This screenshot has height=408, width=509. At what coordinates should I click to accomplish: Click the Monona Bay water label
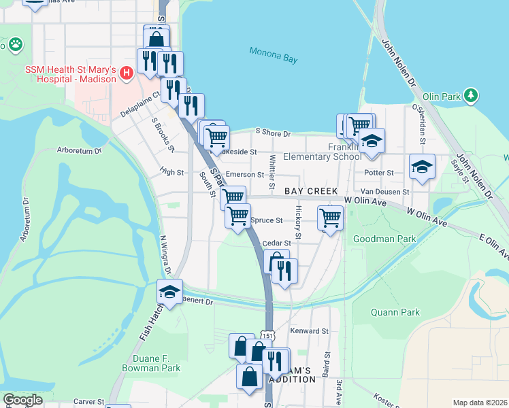tap(273, 55)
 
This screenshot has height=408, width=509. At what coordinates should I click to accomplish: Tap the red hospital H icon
tap(126, 72)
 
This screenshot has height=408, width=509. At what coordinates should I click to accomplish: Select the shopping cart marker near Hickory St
tap(330, 218)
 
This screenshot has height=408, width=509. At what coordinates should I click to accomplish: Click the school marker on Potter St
tap(422, 166)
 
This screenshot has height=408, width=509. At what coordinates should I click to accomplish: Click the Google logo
tap(22, 400)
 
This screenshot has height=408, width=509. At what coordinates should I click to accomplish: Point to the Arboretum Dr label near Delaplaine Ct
tap(78, 150)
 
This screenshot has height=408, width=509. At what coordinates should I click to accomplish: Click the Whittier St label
tap(272, 171)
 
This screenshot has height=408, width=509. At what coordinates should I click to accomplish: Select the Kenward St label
tap(310, 331)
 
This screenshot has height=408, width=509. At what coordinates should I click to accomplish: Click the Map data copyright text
tap(480, 403)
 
